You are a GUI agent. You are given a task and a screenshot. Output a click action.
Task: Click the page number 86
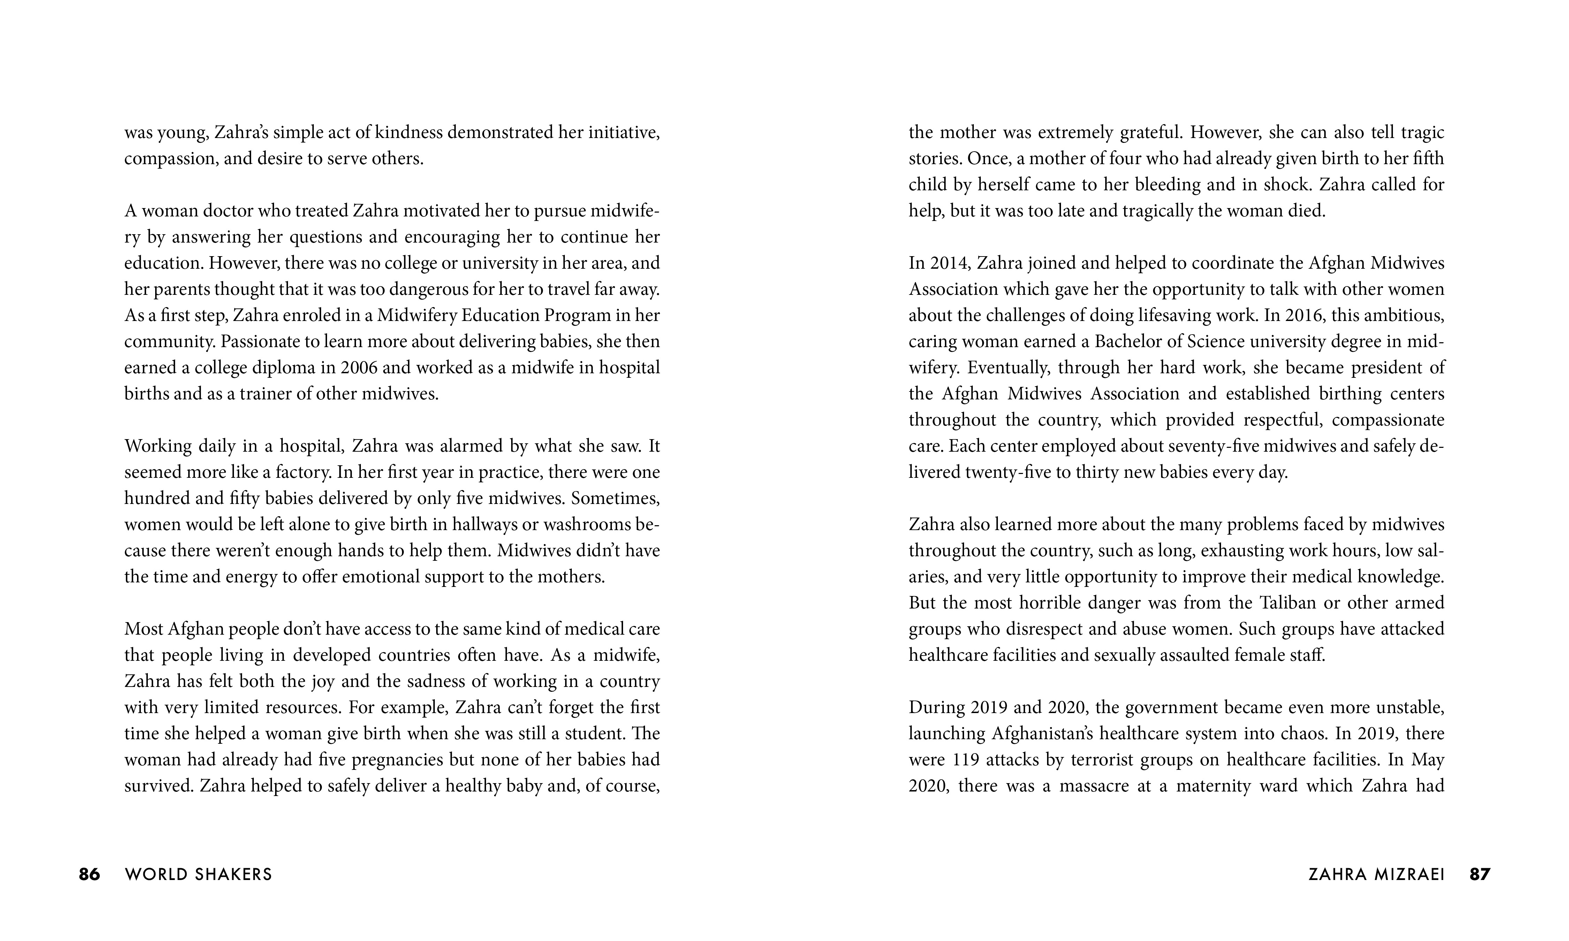click(x=89, y=874)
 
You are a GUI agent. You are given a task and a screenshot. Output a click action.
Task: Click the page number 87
click(x=1480, y=874)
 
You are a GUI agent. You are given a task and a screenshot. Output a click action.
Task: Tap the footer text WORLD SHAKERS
click(x=198, y=874)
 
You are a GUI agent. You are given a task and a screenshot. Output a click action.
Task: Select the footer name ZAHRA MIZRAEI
click(x=1376, y=874)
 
